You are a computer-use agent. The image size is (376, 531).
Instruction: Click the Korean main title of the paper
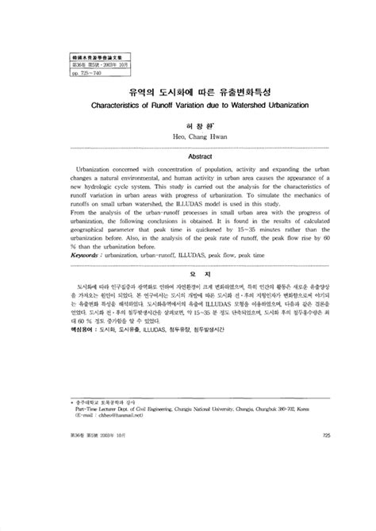pyautogui.click(x=187, y=90)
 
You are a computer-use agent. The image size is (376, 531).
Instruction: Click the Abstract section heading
pyautogui.click(x=188, y=157)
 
